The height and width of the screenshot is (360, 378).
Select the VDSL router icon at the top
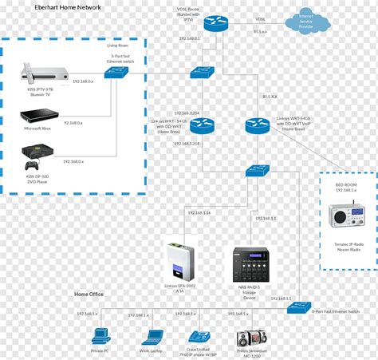click(216, 22)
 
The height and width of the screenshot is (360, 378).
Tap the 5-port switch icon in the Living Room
click(118, 72)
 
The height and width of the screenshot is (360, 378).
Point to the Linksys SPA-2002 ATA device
click(179, 257)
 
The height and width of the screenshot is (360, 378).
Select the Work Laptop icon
click(152, 338)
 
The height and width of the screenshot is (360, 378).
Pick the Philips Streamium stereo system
click(249, 338)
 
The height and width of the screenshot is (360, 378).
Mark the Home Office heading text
click(89, 295)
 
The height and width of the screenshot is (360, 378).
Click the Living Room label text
click(118, 45)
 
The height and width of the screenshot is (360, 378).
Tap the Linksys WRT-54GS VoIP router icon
click(258, 125)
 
